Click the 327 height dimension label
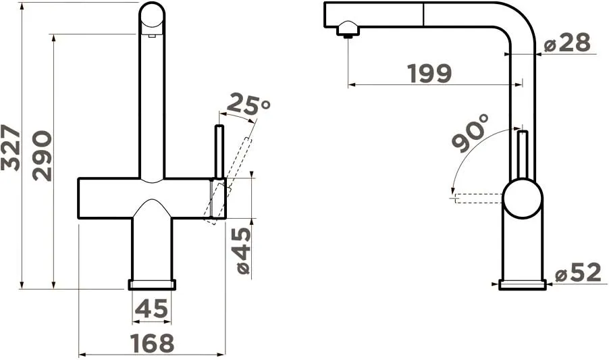tap(11, 147)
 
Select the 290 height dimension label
tap(42, 156)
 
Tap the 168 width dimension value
tap(152, 343)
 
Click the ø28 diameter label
tap(567, 43)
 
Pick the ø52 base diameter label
tap(578, 274)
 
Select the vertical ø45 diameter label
tap(242, 251)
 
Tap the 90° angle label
tap(470, 133)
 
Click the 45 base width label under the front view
tap(151, 309)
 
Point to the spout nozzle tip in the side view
tap(347, 30)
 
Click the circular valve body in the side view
tap(523, 199)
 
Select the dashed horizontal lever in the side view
tap(477, 198)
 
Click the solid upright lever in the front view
tap(219, 151)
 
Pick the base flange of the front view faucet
tap(152, 284)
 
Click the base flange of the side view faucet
tap(523, 284)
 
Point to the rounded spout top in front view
tap(152, 15)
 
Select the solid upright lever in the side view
tap(522, 155)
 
